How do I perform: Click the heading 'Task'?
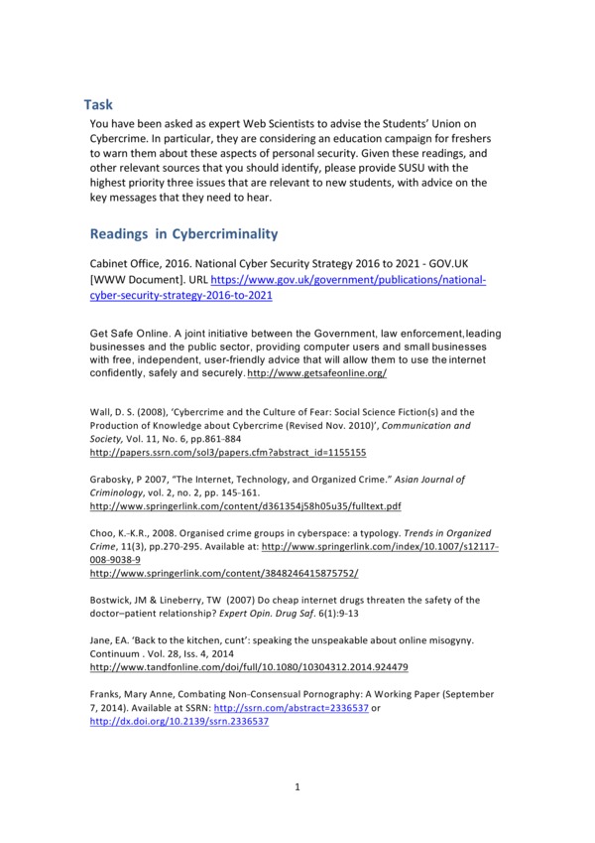(99, 103)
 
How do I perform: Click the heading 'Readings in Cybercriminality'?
(183, 234)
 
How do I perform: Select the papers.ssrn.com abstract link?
(228, 451)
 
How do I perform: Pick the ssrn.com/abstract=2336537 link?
(303, 708)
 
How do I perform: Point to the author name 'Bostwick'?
(112, 600)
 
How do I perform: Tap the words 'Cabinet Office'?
(124, 265)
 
